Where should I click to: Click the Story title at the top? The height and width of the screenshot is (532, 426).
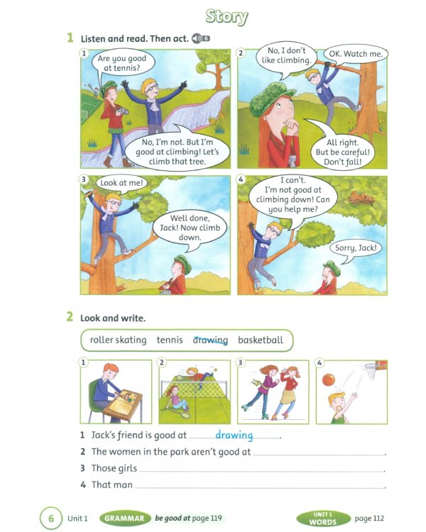[x=226, y=16]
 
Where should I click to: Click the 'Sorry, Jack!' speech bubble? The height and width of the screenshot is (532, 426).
[x=355, y=248]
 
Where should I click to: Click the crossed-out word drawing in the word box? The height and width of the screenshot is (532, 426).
[x=210, y=340]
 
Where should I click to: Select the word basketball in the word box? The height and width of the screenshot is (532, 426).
[x=261, y=340]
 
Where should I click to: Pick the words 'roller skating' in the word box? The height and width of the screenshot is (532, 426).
[x=118, y=340]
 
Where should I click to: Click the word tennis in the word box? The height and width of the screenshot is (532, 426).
[x=170, y=340]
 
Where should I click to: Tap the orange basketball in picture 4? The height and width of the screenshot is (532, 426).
[x=327, y=380]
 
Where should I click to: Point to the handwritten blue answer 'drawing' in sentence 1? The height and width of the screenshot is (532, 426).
[x=234, y=435]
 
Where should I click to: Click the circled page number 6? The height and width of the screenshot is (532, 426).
[x=50, y=519]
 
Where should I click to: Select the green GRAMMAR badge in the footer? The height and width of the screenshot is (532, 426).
[x=126, y=519]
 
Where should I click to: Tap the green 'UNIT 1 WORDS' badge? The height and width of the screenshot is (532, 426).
[x=323, y=519]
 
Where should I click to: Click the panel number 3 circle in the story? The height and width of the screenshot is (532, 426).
[x=84, y=179]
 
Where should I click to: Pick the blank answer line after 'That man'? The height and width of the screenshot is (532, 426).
[x=259, y=486]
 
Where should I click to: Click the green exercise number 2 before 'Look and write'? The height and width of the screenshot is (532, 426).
[x=70, y=317]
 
